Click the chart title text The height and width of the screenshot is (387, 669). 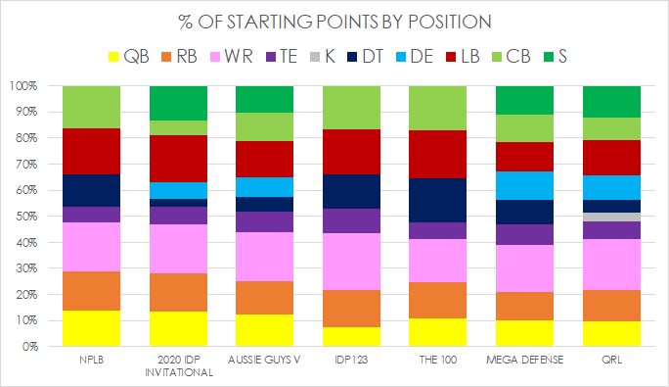(334, 22)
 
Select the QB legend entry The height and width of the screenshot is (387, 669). (129, 57)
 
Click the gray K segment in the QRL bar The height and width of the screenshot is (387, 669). (611, 217)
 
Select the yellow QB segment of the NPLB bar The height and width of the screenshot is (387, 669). (91, 328)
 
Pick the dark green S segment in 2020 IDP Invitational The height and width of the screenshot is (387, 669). (178, 102)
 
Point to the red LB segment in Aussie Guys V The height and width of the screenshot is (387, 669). (265, 159)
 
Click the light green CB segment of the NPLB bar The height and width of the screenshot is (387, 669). (91, 107)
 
